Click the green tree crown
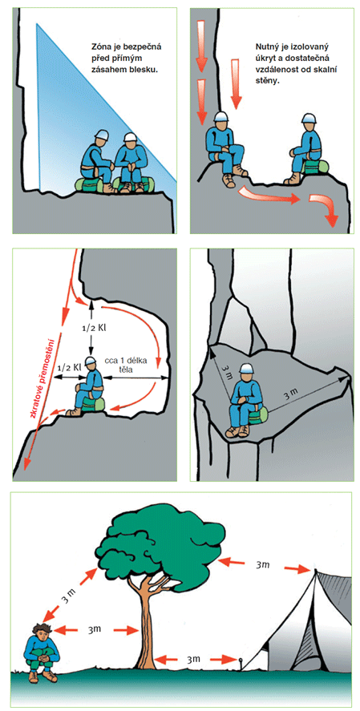point(162,543)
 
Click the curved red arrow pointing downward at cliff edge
point(324,208)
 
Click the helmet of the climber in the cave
point(91,362)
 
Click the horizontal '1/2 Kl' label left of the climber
point(68,366)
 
